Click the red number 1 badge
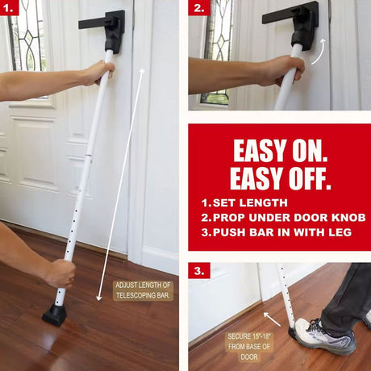tap(9, 7)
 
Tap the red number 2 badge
tap(199, 7)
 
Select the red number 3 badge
tap(199, 270)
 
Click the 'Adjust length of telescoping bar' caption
tap(143, 290)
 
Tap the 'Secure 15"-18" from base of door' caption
tap(249, 347)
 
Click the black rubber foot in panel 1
tap(55, 315)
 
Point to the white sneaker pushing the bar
tap(325, 336)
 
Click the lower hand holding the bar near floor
tap(60, 273)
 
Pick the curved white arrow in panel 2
tap(319, 51)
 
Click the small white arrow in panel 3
tap(272, 319)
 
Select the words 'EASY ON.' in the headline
tap(280, 151)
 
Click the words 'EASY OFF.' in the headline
tap(280, 178)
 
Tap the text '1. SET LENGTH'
tap(244, 202)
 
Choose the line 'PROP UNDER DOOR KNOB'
tap(289, 218)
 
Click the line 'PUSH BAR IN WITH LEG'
tap(282, 232)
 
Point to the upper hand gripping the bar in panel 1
tap(99, 72)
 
